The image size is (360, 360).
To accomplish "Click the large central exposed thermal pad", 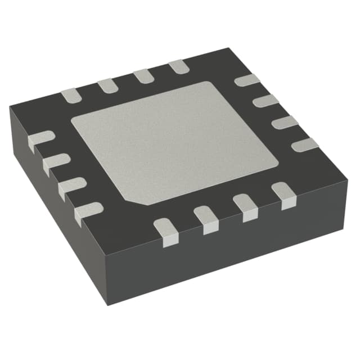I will pyautogui.click(x=172, y=143).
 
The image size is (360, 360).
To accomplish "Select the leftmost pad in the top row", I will pyautogui.click(x=71, y=96).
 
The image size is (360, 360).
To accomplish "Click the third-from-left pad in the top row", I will pyautogui.click(x=142, y=75).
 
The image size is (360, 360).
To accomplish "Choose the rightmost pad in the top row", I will pyautogui.click(x=178, y=66).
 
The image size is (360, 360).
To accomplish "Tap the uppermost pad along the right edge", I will pyautogui.click(x=247, y=80).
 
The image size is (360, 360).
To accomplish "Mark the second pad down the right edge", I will pyautogui.click(x=266, y=101).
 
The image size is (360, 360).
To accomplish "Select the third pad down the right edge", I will pyautogui.click(x=286, y=122).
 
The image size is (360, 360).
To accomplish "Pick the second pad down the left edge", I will pyautogui.click(x=56, y=163).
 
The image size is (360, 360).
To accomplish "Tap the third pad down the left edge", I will pyautogui.click(x=71, y=187).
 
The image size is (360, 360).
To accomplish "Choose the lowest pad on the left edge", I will pyautogui.click(x=88, y=212).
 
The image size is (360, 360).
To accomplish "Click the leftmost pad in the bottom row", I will pyautogui.click(x=166, y=231).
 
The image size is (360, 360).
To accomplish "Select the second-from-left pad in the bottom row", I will pyautogui.click(x=207, y=219).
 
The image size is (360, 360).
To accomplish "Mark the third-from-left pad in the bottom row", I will pyautogui.click(x=246, y=206).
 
